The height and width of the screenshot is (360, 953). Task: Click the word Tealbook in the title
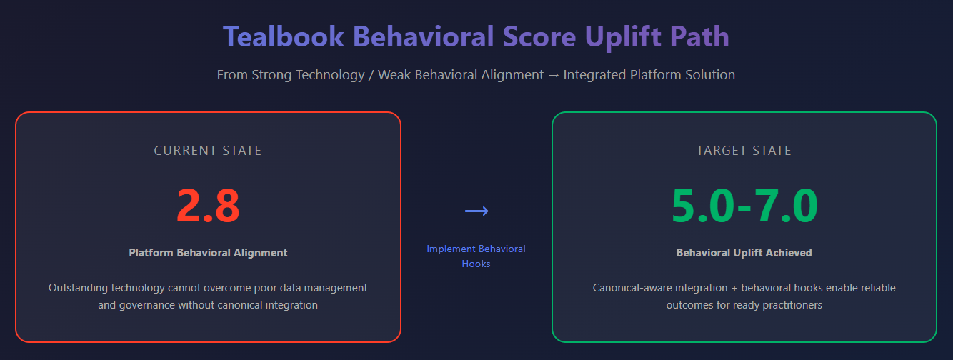tap(284, 36)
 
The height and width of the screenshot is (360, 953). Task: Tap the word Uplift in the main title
tap(623, 37)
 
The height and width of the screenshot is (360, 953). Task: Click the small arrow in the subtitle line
tap(554, 75)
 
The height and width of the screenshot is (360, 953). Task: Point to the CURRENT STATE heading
tap(208, 151)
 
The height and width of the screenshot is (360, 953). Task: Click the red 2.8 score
tap(208, 206)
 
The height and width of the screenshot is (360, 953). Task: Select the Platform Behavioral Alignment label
tap(208, 253)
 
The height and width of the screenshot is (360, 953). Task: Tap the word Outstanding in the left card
tap(77, 288)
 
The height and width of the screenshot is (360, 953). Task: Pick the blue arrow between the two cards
tap(477, 211)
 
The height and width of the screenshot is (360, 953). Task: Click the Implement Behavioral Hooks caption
tap(476, 256)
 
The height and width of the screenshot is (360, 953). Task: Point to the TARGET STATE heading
tap(744, 151)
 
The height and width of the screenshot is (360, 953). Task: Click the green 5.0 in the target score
tap(703, 206)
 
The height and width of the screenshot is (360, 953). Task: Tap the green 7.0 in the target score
tap(787, 206)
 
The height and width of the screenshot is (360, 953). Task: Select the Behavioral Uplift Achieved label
tap(744, 253)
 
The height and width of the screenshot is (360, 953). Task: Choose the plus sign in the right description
tap(734, 289)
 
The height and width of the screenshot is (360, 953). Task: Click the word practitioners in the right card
tap(792, 305)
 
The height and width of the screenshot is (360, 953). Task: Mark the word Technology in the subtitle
tap(330, 75)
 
